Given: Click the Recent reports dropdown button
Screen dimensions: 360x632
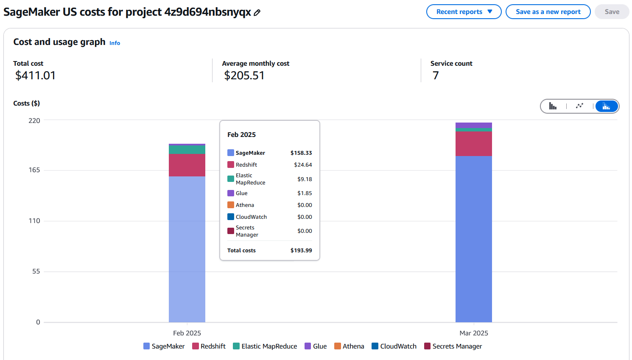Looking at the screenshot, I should (x=464, y=12).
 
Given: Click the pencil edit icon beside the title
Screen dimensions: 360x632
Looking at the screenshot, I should (x=257, y=13).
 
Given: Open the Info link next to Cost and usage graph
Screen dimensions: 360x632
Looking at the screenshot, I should (x=115, y=43).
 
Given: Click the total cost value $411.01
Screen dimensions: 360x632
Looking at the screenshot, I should (x=35, y=75).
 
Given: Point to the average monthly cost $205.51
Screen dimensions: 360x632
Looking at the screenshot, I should (x=244, y=75).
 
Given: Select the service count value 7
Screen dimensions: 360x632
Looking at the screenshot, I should (x=436, y=75).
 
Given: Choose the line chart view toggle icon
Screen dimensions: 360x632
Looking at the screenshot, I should (x=579, y=106).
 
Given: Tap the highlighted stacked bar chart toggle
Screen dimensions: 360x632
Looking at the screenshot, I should (x=606, y=106).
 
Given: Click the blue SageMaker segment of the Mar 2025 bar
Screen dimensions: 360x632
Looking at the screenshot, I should (x=473, y=237).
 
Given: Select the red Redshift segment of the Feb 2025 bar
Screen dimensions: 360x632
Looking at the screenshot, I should (x=187, y=165).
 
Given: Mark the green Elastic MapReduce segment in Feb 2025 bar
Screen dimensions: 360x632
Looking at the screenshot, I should (x=187, y=150).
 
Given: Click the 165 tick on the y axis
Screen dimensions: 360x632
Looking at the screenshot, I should (x=34, y=170).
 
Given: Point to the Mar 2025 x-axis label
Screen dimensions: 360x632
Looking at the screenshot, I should (x=474, y=333).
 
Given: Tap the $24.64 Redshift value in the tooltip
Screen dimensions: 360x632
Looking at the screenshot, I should (x=303, y=165).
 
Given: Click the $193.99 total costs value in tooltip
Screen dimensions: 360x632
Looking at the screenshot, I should (x=301, y=251).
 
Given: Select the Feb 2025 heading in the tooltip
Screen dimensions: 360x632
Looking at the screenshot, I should (x=241, y=135).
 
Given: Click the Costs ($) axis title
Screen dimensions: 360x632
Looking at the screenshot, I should (x=26, y=103).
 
